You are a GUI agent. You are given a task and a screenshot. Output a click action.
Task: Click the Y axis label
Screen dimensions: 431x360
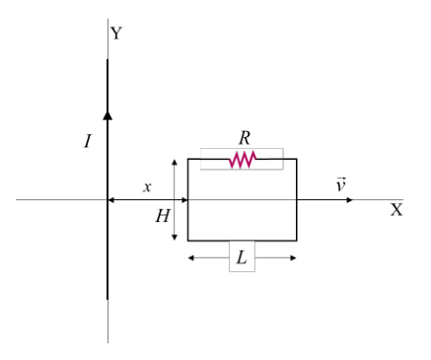116,34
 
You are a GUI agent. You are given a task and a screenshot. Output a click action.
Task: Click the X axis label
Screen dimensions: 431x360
396,209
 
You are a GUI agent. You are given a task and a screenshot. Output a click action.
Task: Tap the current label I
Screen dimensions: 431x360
88,141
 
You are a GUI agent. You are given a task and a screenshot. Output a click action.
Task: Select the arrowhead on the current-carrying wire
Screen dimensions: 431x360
108,115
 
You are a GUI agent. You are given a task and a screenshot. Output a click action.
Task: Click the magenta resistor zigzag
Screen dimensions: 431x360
243,160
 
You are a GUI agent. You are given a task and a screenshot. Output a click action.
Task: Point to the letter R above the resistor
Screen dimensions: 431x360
245,138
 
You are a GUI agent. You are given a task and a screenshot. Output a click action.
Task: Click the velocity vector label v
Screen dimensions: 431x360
341,184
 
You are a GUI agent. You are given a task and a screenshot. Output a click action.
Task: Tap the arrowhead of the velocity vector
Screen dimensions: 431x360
350,199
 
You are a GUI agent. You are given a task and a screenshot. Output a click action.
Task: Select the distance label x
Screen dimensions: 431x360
147,187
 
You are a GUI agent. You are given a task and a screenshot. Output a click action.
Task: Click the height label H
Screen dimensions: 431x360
163,216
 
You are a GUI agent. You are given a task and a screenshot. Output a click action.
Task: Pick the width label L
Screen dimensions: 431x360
242,257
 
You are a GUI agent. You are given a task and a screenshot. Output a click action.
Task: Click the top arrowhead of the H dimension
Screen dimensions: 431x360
175,162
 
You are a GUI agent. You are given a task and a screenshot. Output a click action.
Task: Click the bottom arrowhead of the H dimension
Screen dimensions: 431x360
175,237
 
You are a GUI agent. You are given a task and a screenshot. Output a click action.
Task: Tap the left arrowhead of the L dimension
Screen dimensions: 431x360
191,258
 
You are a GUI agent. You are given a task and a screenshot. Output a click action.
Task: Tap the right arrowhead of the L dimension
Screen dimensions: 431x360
293,258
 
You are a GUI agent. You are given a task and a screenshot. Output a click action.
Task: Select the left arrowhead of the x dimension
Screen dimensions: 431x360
111,199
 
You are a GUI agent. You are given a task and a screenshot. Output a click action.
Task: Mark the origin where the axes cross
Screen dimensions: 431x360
108,199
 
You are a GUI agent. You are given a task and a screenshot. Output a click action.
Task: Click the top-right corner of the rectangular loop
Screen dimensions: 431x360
297,159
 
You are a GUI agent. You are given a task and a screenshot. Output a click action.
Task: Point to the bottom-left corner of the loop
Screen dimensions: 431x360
188,241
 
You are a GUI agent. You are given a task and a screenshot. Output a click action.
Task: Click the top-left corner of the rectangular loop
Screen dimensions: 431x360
188,159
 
